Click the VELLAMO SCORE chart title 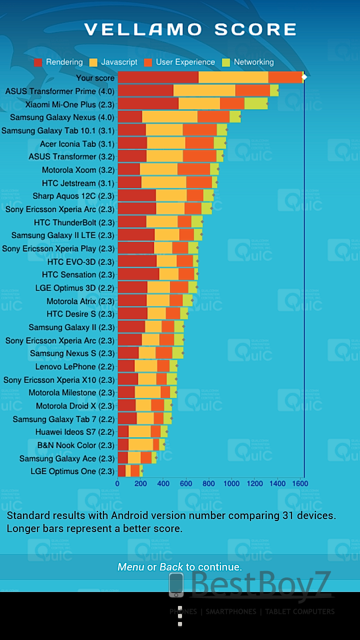(190, 29)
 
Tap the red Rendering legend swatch (38, 62)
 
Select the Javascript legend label (119, 62)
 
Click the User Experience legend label (185, 62)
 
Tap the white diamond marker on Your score (304, 77)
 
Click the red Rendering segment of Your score (157, 77)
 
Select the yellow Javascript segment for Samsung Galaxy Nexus (169, 117)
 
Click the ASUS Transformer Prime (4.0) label (59, 91)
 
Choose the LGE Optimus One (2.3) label (72, 471)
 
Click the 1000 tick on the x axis (231, 484)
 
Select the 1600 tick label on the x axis (300, 484)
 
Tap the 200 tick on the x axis (140, 484)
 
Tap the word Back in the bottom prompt (171, 567)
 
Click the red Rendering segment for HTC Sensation (138, 274)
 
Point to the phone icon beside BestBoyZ (176, 585)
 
